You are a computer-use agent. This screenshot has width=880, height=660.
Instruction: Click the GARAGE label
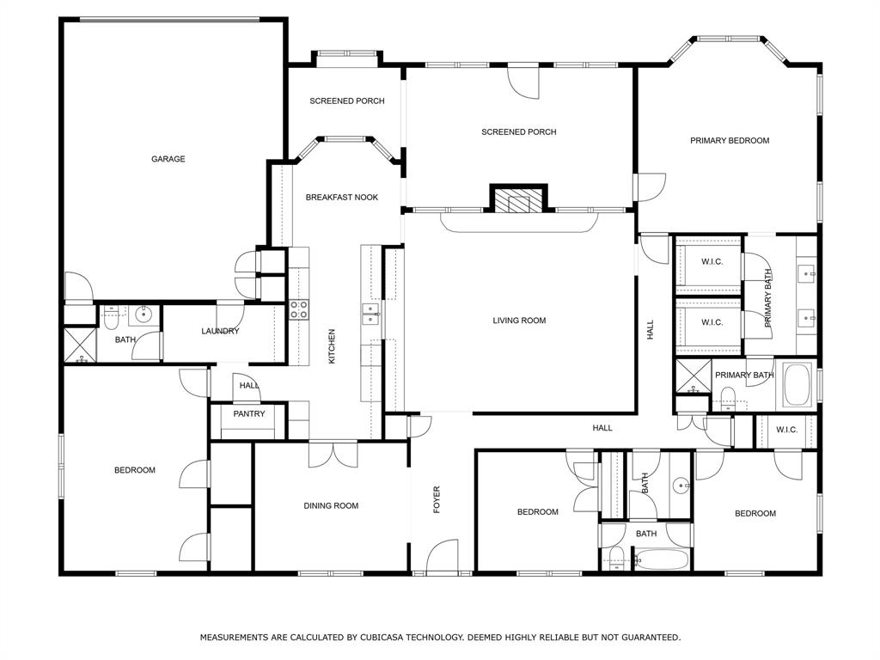(168, 159)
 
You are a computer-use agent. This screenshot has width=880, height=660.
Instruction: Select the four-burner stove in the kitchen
(298, 309)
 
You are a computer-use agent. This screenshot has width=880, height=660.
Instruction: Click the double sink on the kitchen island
(371, 315)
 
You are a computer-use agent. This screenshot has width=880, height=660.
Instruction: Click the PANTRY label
(249, 414)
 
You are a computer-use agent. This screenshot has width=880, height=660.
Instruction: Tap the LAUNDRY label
(220, 332)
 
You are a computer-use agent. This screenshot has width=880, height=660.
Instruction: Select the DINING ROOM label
(331, 506)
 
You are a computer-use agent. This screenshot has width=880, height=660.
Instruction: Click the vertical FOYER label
(437, 500)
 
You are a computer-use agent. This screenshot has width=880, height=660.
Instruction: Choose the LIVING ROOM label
(519, 321)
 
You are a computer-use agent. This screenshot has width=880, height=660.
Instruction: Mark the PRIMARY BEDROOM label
(730, 140)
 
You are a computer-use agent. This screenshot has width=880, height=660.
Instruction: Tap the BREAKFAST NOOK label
(342, 198)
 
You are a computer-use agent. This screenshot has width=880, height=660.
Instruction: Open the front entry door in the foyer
(443, 557)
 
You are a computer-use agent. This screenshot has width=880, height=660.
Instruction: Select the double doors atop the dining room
(333, 453)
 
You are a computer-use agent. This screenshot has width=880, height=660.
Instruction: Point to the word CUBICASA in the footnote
(400, 638)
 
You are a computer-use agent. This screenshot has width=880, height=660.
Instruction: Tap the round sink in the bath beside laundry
(144, 315)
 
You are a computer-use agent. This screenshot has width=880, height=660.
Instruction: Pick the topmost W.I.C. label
(712, 262)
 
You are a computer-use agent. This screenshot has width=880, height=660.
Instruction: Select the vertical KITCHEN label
(332, 346)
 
